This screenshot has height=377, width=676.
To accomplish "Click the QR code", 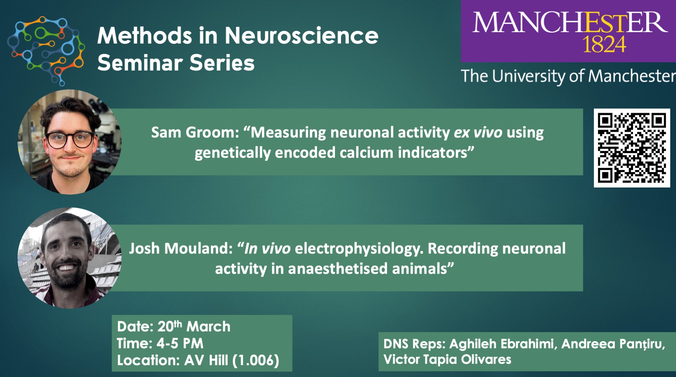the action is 632,148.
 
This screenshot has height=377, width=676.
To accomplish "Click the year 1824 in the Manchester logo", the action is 604,44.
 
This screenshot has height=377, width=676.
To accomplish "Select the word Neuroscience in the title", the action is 301,35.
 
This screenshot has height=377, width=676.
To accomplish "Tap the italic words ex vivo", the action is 478,132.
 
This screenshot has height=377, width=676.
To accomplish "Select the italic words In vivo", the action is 267,249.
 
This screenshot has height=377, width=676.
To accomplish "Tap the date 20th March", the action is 194,326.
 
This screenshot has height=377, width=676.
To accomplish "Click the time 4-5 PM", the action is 180,344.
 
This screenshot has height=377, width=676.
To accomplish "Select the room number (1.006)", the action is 256,360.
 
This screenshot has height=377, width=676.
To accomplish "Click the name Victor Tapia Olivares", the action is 447,359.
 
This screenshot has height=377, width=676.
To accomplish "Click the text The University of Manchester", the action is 568,76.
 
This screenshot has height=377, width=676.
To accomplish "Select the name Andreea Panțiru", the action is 613,344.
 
